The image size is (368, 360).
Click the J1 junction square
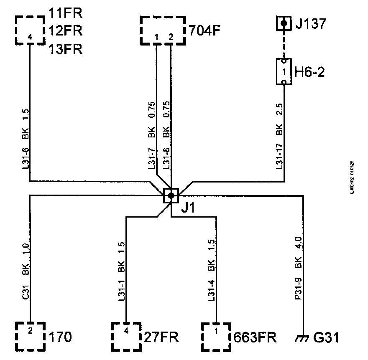tap(171, 195)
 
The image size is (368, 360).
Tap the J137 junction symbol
tap(284, 23)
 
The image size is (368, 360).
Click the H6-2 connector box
tap(284, 72)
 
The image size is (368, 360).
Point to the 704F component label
tap(204, 30)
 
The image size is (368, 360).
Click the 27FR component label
tap(161, 337)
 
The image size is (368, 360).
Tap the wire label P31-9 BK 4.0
tap(298, 269)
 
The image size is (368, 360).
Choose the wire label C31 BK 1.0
tap(25, 271)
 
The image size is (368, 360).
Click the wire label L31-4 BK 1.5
tap(211, 270)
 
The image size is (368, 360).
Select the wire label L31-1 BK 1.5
tap(121, 270)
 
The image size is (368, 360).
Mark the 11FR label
tap(65, 13)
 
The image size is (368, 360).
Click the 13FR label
tap(65, 49)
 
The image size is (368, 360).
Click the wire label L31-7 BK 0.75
tap(152, 136)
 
